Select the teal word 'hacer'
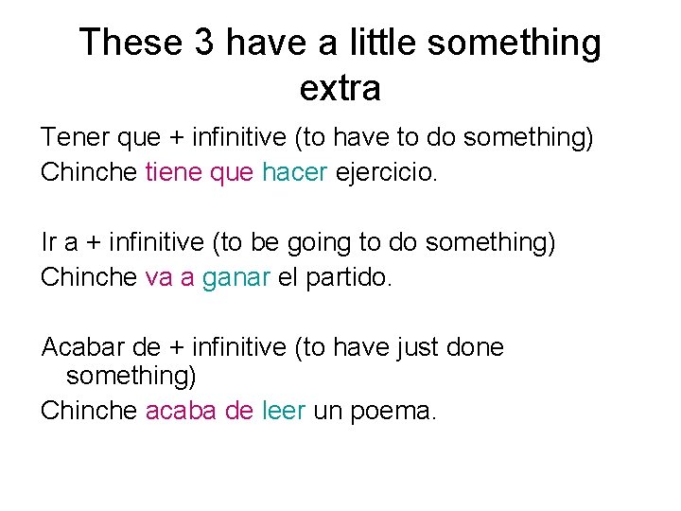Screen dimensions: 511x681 click(294, 173)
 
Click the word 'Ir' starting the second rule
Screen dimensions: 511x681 click(48, 243)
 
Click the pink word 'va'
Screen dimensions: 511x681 click(158, 278)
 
